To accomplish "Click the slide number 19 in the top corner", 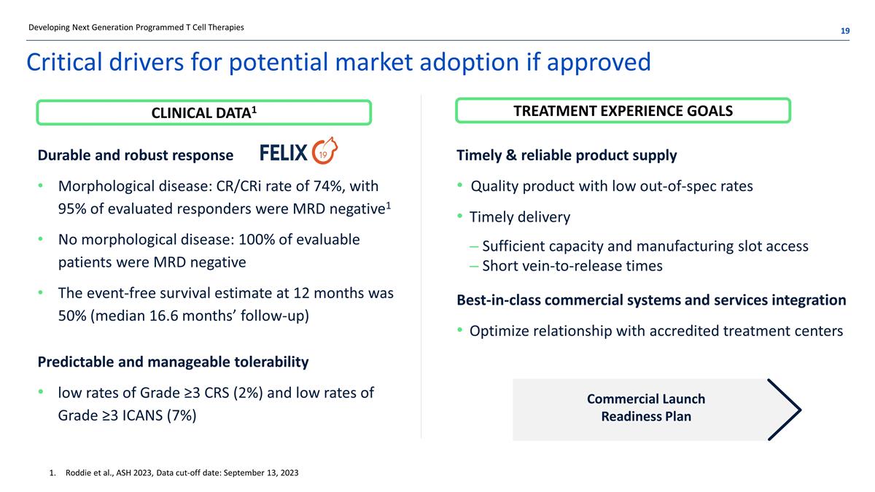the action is (845, 31).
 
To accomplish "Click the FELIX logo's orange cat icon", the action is (324, 151).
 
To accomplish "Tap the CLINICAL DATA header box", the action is (204, 113).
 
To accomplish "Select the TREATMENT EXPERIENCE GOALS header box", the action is (623, 111).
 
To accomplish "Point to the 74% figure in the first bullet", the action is (328, 187).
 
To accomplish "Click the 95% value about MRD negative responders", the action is (72, 209).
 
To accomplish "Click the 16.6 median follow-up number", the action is (163, 316).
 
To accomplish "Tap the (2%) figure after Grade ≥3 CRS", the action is (248, 393).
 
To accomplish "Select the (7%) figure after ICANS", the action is (182, 415).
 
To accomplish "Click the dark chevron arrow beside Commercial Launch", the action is (785, 410).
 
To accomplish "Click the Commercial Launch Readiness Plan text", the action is (646, 407).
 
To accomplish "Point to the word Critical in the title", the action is (64, 62).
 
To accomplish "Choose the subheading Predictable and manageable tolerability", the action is (173, 362).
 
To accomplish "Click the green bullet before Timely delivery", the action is (460, 216).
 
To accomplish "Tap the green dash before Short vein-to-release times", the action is (474, 267).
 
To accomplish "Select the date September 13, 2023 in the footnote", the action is (261, 473).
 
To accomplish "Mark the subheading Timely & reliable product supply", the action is (567, 155).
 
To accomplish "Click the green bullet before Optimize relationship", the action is (460, 330).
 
